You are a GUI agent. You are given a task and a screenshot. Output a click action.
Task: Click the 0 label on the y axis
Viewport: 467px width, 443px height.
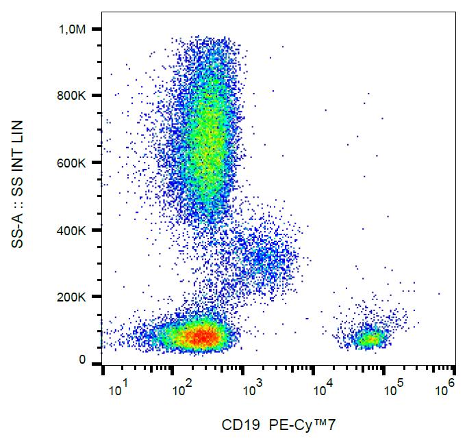pos(82,360)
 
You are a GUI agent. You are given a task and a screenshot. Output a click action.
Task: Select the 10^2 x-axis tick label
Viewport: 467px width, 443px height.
pos(181,390)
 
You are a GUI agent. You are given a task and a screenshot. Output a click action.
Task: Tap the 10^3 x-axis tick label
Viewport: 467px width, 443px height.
pos(253,390)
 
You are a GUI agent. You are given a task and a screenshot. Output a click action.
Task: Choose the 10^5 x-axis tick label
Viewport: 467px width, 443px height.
pos(394,390)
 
